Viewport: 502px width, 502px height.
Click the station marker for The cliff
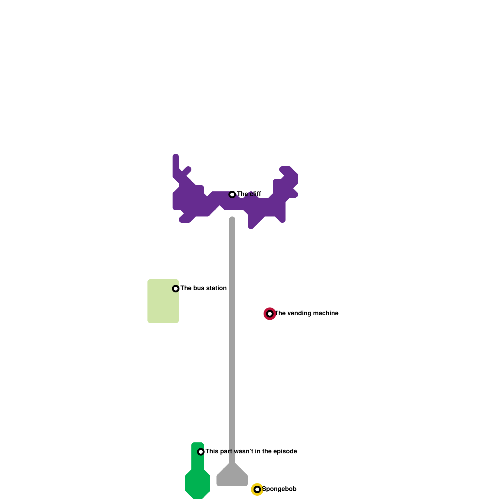pyautogui.click(x=232, y=195)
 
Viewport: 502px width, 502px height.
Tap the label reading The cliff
pyautogui.click(x=249, y=194)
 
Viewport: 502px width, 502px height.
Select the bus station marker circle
pyautogui.click(x=176, y=289)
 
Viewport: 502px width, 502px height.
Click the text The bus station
pyautogui.click(x=203, y=288)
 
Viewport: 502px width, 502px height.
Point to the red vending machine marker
pyautogui.click(x=270, y=314)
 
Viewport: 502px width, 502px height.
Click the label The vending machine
pyautogui.click(x=307, y=313)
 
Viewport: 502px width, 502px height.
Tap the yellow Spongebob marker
pyautogui.click(x=257, y=489)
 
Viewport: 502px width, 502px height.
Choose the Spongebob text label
pyautogui.click(x=279, y=489)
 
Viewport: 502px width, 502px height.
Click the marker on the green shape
pyautogui.click(x=201, y=452)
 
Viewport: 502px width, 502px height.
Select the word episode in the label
pyautogui.click(x=285, y=451)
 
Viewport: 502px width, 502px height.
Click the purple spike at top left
pyautogui.click(x=176, y=163)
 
